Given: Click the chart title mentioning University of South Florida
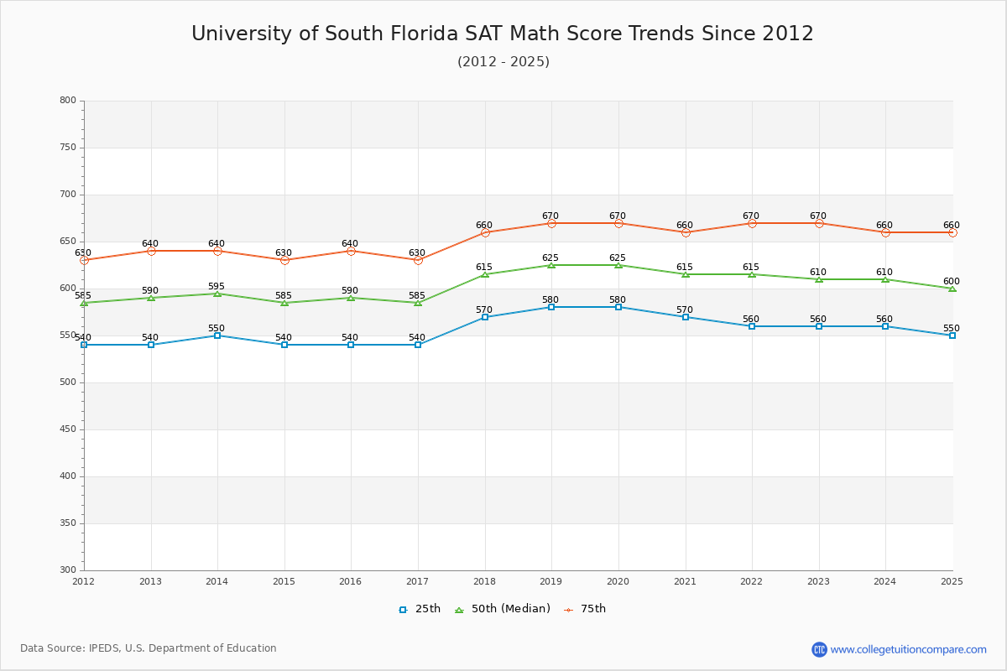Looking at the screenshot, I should (503, 34).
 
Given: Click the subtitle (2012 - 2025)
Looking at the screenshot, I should (503, 62).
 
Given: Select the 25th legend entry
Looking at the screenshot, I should (420, 609).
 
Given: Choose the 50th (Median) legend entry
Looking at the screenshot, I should (503, 609).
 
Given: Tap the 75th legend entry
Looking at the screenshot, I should (585, 609).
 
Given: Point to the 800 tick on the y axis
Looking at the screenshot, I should (68, 101).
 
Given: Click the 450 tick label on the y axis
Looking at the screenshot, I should (68, 429).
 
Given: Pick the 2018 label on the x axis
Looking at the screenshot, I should (484, 581).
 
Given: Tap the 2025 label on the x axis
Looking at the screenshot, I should (952, 581).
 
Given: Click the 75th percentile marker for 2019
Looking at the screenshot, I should (551, 223).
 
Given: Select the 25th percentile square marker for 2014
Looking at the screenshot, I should (217, 335).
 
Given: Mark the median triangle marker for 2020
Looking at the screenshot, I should (618, 265).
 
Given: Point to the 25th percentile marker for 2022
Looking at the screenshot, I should (752, 326).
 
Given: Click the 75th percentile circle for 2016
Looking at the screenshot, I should (351, 251).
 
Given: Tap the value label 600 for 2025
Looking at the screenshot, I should (951, 282).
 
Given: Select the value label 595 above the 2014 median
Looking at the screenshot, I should (217, 287).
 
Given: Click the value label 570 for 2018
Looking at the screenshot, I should (484, 310).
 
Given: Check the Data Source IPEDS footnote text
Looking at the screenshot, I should (149, 648).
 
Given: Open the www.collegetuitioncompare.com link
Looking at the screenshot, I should (908, 649).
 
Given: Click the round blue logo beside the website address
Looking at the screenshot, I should (819, 649).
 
